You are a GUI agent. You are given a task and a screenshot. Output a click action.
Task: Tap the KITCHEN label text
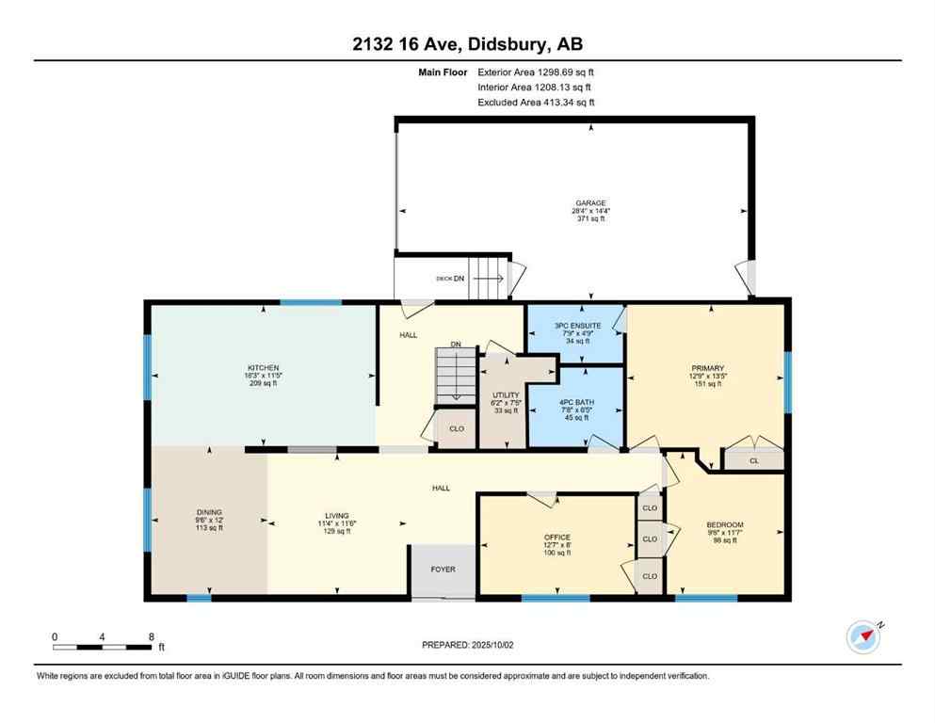coord(264,367)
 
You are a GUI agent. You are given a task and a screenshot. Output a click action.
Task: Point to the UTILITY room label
coord(506,394)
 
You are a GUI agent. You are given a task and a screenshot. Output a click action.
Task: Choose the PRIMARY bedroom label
coord(706,368)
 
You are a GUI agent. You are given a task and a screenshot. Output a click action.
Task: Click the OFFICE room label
coord(557,537)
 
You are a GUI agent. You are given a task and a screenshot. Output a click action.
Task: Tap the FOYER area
coord(443,569)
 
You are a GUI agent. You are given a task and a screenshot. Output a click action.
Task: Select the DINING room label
coord(208,512)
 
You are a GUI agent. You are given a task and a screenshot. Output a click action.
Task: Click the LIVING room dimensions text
coord(336,523)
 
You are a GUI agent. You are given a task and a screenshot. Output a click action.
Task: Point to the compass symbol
coord(863,636)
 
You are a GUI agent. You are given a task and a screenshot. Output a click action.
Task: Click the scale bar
coord(103,647)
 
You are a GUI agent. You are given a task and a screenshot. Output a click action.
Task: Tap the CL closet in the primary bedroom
coord(753,460)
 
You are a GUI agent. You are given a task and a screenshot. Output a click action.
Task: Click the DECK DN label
coord(451,279)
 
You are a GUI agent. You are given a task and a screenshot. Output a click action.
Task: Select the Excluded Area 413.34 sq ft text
coord(536,102)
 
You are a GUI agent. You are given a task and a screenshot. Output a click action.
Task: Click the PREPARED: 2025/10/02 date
coord(467,645)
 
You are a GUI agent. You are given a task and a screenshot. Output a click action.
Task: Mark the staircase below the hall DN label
coord(452,375)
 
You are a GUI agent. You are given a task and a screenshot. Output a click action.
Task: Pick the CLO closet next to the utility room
coord(457,428)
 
